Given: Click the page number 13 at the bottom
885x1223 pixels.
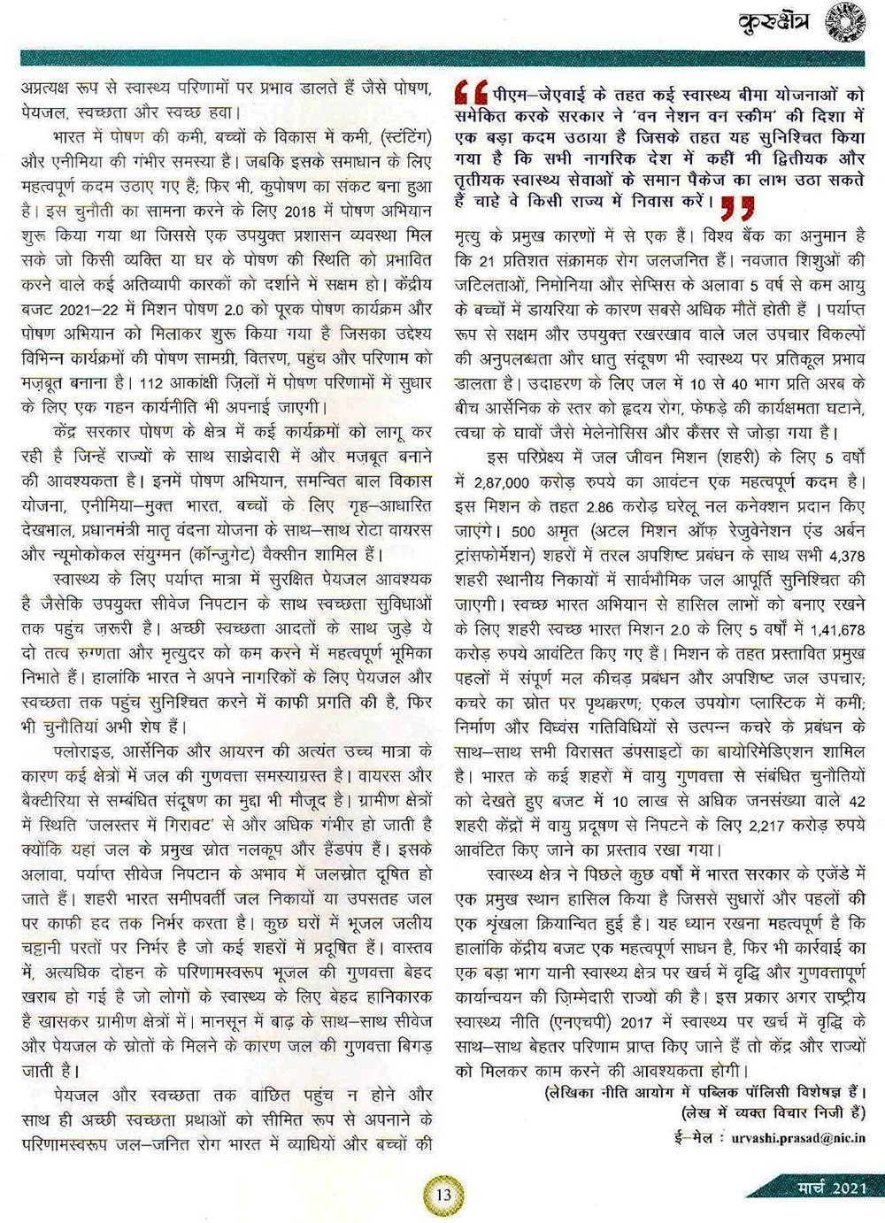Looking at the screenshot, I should pyautogui.click(x=443, y=1193).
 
